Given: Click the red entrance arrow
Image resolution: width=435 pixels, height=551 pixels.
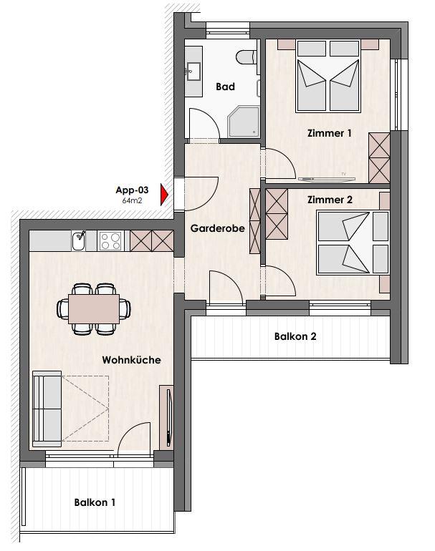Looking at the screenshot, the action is [x=164, y=194].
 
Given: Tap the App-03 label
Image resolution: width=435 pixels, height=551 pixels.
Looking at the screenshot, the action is [x=132, y=190].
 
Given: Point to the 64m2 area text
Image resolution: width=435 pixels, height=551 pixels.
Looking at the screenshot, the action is [x=132, y=200].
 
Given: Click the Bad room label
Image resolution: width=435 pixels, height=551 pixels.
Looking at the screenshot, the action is [x=225, y=87].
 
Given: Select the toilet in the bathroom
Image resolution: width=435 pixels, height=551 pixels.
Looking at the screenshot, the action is [x=247, y=58].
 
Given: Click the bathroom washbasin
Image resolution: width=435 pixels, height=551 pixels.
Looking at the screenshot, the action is [x=193, y=72].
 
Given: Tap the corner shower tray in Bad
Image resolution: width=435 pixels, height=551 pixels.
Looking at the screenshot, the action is [x=243, y=121].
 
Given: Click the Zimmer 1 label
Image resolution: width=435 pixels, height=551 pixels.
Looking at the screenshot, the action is [x=329, y=133].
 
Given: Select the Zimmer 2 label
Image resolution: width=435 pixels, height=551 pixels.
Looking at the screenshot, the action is [x=330, y=200].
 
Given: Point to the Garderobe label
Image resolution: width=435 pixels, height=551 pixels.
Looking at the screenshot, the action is [x=218, y=228].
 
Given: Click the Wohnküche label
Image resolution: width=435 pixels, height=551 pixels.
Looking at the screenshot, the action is [x=131, y=360].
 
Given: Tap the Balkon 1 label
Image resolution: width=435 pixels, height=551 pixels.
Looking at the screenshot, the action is [x=95, y=502].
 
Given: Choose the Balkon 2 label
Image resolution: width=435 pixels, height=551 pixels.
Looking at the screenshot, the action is [x=295, y=336].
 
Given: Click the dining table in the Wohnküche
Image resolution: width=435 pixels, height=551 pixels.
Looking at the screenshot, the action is [x=94, y=309].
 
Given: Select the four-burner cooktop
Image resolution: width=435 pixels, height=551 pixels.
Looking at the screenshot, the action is [x=110, y=240].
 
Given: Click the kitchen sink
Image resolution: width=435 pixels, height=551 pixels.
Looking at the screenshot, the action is [x=79, y=241].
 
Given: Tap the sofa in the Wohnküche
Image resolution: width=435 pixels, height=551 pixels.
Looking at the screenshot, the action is [x=47, y=409].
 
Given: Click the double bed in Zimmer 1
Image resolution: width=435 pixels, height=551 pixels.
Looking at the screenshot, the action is [x=328, y=77].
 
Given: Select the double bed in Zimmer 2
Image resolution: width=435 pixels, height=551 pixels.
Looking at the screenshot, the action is [x=353, y=243].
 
